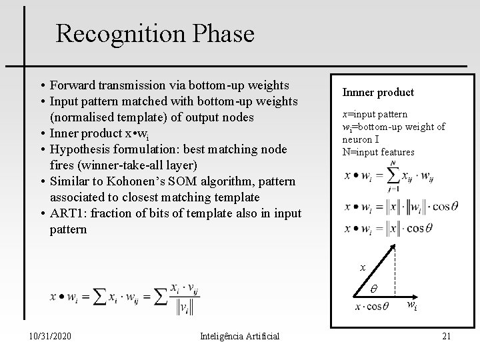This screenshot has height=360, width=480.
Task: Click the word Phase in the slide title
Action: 219,33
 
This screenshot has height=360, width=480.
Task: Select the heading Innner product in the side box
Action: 378,93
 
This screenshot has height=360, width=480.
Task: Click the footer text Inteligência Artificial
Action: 239,336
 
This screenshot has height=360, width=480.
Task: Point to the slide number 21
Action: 446,336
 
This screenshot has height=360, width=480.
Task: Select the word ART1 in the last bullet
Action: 66,213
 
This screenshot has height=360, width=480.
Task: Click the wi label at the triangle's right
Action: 413,307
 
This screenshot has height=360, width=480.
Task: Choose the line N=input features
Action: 379,152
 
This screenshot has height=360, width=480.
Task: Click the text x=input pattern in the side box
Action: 375,114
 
